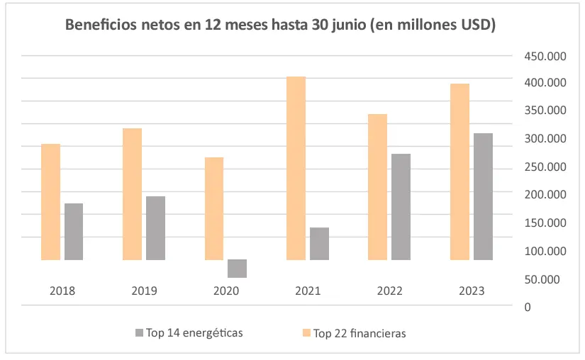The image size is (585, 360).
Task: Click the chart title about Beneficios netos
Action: point(280,26)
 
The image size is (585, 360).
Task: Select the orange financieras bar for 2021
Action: point(296,168)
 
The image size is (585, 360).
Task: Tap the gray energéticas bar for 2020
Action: point(237,269)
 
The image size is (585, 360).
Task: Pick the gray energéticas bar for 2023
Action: point(483,196)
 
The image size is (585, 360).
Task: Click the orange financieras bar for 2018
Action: point(50,202)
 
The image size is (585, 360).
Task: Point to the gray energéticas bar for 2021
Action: point(319,244)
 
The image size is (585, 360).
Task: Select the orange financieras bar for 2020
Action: point(214,208)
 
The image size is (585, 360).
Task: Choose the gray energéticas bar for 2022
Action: point(401,207)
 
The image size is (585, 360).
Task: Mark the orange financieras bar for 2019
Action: point(132,194)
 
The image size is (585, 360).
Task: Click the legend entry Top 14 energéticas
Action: point(194,332)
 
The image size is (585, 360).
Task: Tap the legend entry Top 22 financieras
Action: point(360,333)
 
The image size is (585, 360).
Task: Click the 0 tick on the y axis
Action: point(527,306)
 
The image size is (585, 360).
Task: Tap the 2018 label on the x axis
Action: point(62,291)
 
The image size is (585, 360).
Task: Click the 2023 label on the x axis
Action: point(472,291)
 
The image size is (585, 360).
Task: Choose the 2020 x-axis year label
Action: point(226,291)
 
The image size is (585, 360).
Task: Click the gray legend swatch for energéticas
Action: point(139,332)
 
